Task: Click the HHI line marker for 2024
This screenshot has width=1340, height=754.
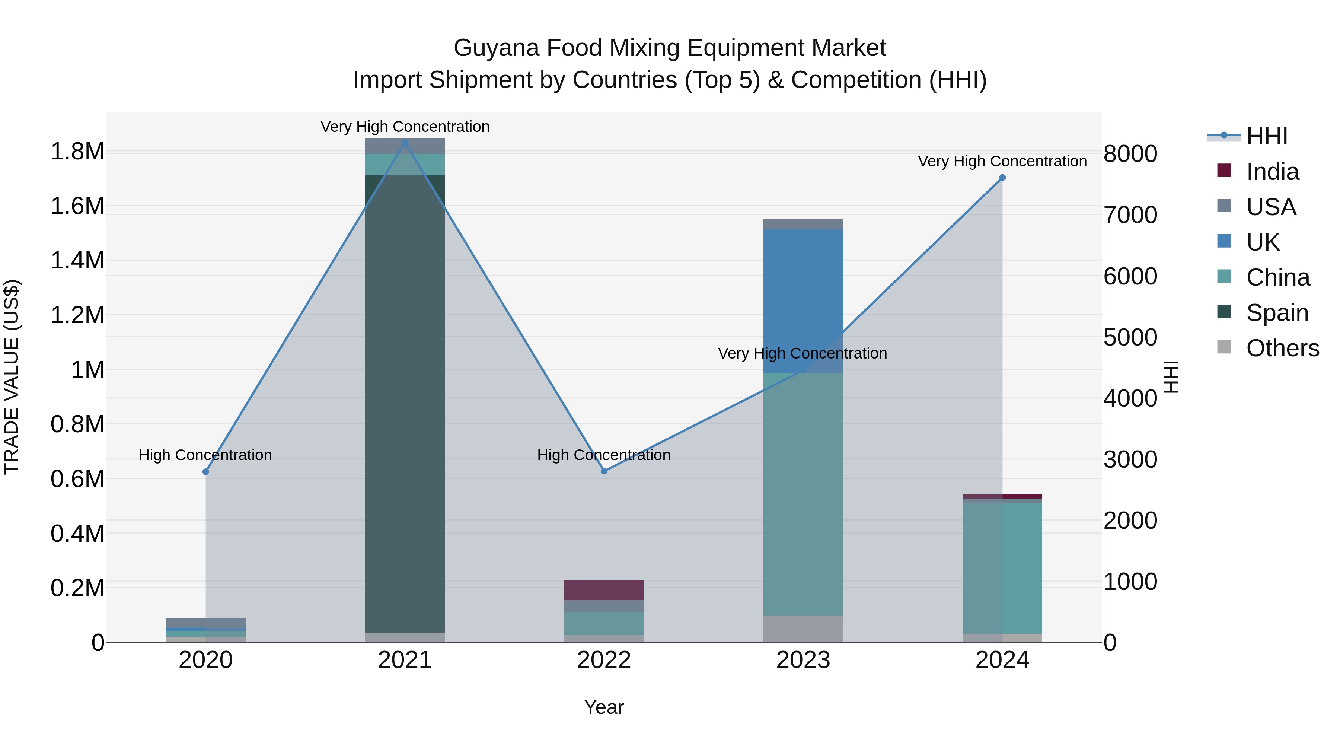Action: coord(1002,178)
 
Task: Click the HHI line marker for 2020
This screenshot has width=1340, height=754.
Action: coord(205,471)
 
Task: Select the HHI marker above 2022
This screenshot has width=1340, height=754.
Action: coord(604,471)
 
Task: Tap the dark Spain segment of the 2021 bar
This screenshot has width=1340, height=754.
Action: coord(405,406)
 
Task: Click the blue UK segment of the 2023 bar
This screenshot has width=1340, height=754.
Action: coord(803,292)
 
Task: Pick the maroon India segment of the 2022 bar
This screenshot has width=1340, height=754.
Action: coord(604,590)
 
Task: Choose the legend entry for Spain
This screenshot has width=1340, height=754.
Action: coord(1277,313)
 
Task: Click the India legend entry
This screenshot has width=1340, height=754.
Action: coord(1272,172)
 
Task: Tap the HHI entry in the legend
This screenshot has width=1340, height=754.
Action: coord(1267,136)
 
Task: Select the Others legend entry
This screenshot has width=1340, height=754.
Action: coord(1282,348)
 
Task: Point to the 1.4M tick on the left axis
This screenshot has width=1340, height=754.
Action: coord(77,260)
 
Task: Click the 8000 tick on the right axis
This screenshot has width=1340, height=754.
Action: coord(1130,154)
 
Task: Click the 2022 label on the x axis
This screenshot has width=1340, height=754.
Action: coord(604,660)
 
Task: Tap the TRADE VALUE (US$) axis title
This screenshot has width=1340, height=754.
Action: coord(12,377)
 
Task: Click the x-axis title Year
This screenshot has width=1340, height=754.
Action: coord(604,707)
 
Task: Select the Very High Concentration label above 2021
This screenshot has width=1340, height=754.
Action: coord(405,127)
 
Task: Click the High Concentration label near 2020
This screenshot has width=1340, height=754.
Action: coord(205,455)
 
